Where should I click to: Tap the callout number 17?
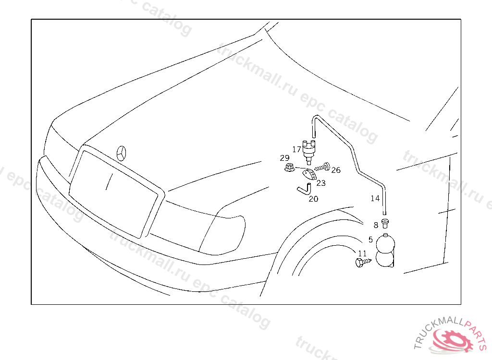point(296,149)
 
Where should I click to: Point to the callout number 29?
point(285,158)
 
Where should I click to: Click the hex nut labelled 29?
point(289,168)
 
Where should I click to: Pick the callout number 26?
point(335,170)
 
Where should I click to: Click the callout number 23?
point(320,183)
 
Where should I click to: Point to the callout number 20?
point(313,199)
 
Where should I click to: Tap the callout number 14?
point(375,198)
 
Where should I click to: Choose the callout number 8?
point(376,225)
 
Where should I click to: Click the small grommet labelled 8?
point(385,222)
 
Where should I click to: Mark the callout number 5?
point(370,239)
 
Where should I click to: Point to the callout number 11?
point(362,253)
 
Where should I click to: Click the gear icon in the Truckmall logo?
point(450,342)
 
